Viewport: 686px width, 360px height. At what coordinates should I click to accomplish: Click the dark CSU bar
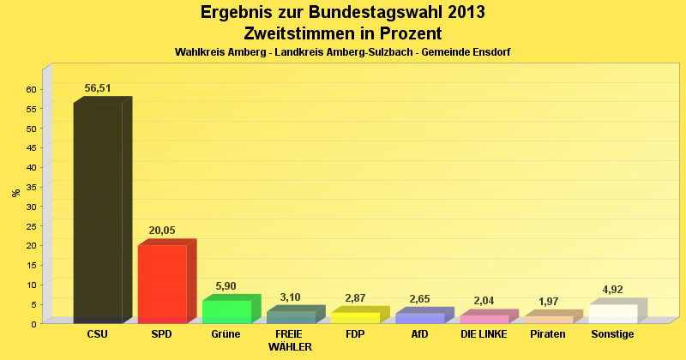(x=98, y=212)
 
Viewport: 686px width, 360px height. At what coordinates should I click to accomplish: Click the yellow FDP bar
(x=355, y=317)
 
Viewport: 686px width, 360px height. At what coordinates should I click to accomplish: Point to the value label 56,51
(x=98, y=88)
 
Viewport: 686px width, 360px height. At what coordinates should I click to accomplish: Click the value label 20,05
(x=162, y=231)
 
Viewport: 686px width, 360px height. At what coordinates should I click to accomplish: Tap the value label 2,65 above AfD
(x=419, y=297)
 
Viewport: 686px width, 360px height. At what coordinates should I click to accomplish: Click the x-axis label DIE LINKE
(x=484, y=333)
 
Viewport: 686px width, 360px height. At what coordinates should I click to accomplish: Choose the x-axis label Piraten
(x=548, y=333)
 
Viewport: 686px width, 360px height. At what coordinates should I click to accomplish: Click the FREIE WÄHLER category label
(x=290, y=340)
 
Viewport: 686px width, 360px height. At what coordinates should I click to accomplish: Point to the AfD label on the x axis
(x=419, y=333)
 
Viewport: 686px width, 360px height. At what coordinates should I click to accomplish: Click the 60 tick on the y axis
(x=31, y=89)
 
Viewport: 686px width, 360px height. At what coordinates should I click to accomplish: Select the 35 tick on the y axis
(x=31, y=187)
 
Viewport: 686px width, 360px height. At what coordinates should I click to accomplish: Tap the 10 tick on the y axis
(x=31, y=285)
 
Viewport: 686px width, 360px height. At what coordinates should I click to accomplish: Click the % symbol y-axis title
(x=16, y=193)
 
